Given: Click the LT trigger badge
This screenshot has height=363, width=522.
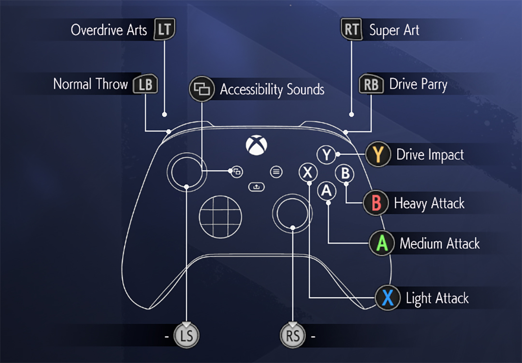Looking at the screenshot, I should pyautogui.click(x=164, y=30).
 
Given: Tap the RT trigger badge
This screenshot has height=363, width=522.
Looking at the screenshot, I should pyautogui.click(x=351, y=30).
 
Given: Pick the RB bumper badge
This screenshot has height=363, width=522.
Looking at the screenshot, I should pyautogui.click(x=371, y=84).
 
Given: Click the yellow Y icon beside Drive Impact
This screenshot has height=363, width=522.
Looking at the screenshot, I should pyautogui.click(x=378, y=154).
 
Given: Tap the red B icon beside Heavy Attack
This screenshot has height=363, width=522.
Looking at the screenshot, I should pyautogui.click(x=376, y=203).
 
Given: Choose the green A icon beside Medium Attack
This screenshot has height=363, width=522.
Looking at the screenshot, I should pyautogui.click(x=382, y=243).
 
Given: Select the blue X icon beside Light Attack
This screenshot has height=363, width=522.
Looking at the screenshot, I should pyautogui.click(x=388, y=298).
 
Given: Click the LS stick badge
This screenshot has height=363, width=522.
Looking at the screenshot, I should pyautogui.click(x=187, y=335).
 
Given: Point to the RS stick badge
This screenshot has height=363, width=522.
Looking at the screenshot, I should pyautogui.click(x=293, y=335).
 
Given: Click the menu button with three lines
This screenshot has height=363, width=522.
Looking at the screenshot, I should pyautogui.click(x=276, y=171).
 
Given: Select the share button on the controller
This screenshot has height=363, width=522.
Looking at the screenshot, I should pyautogui.click(x=256, y=186).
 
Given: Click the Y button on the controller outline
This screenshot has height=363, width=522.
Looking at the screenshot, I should pyautogui.click(x=327, y=155).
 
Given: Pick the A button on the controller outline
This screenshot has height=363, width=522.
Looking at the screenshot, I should pyautogui.click(x=327, y=191).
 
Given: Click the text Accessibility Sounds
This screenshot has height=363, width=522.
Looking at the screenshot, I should pyautogui.click(x=272, y=89).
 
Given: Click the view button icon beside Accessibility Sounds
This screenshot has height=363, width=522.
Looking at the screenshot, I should pyautogui.click(x=202, y=89).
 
